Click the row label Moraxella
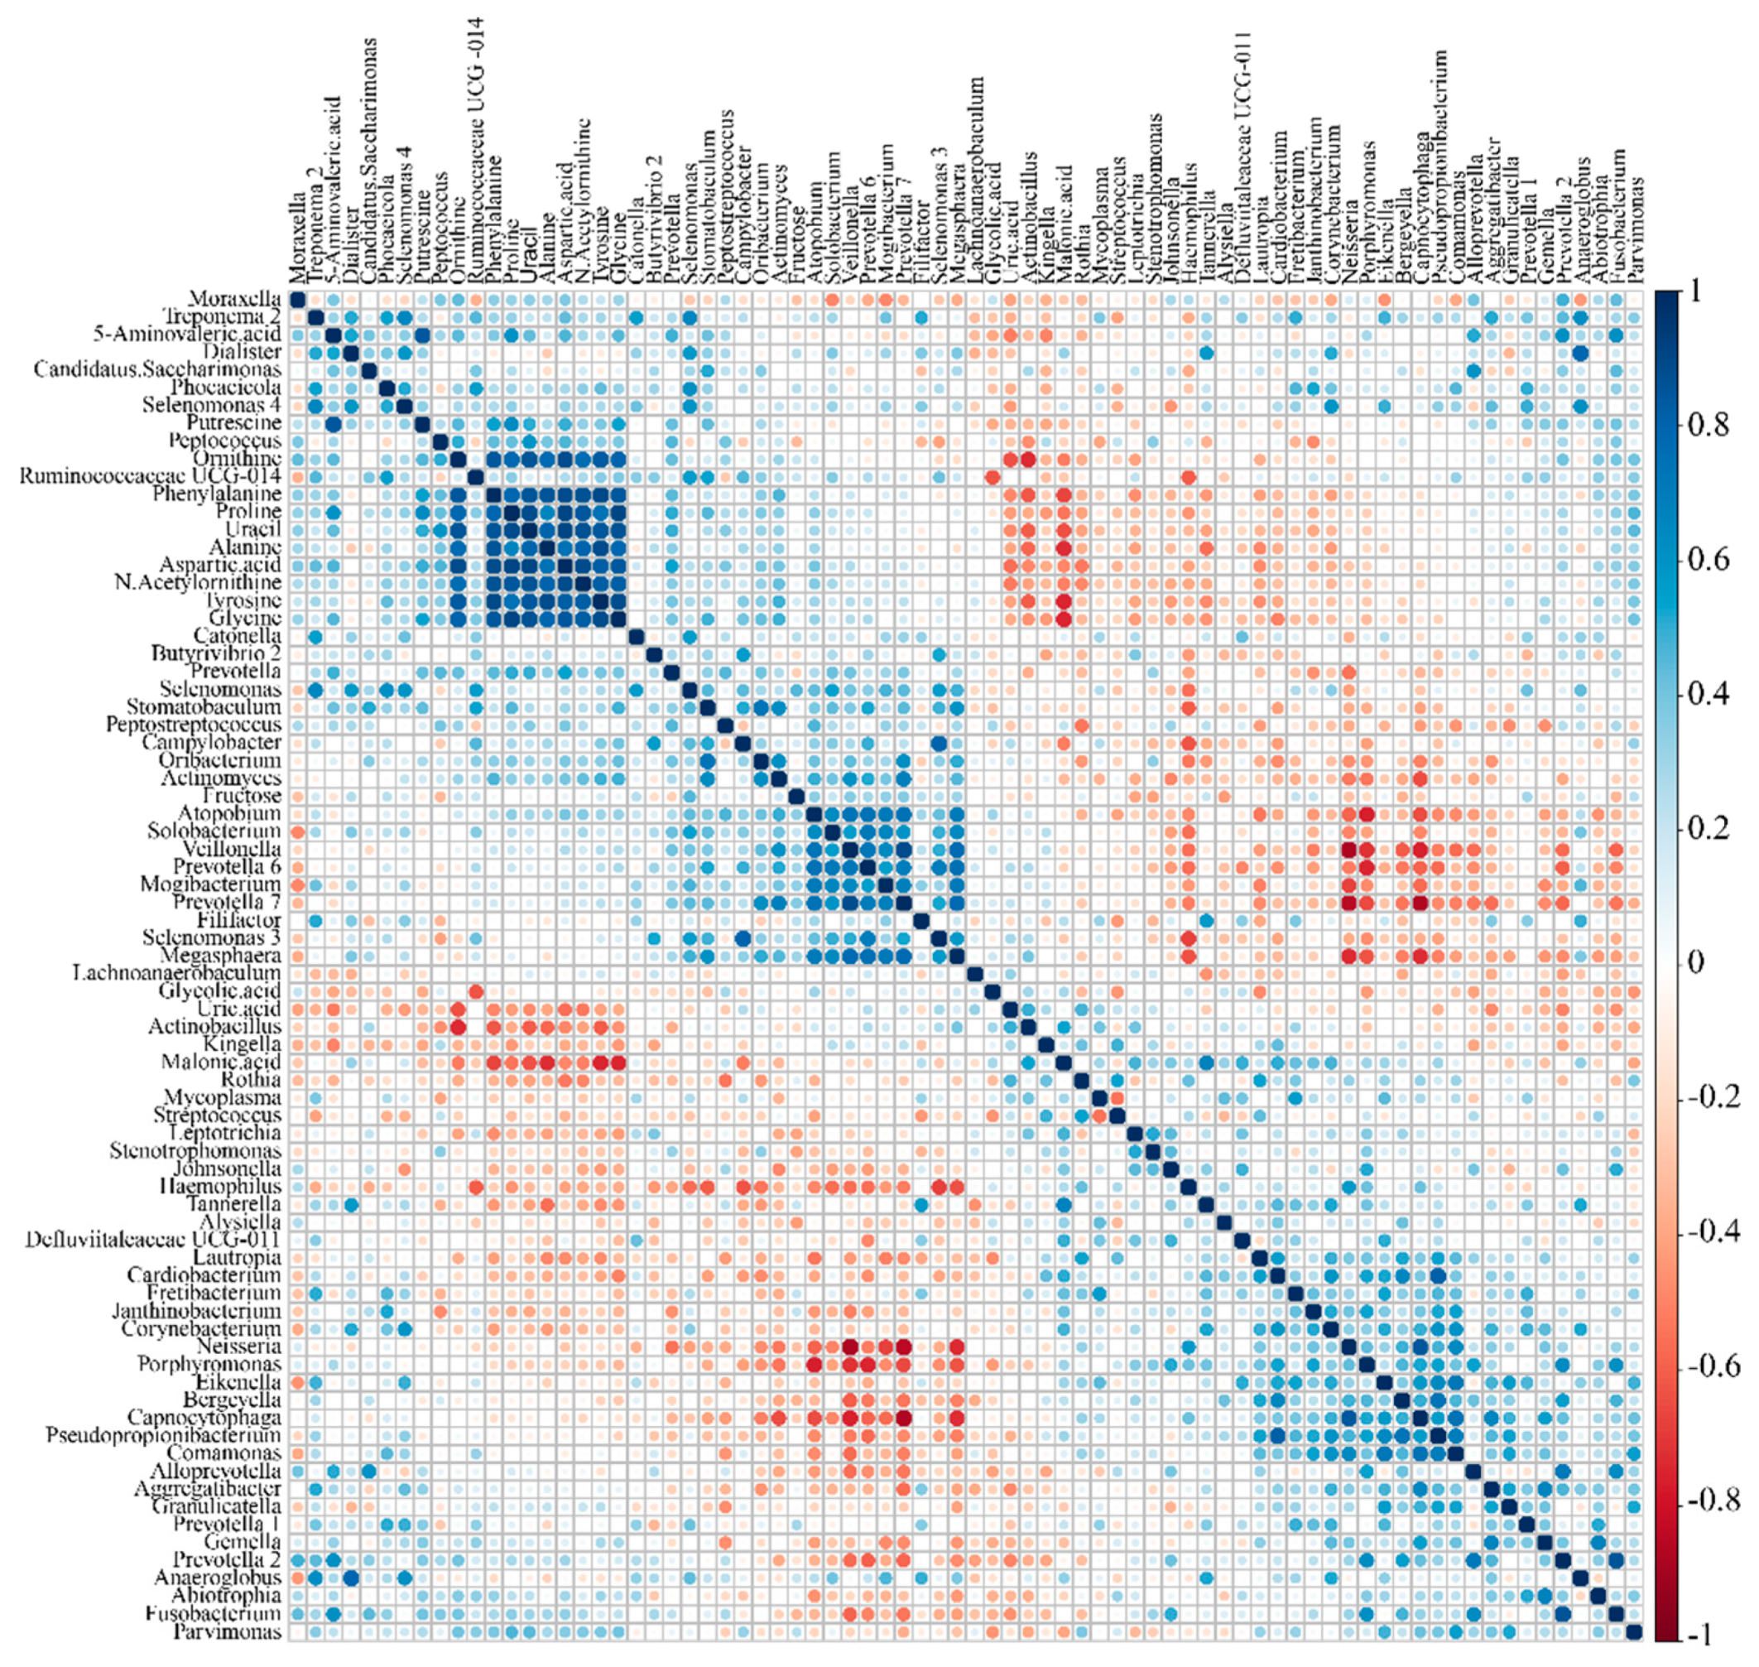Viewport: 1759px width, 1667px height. click(234, 299)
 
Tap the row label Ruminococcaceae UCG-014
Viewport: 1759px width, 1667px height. click(150, 477)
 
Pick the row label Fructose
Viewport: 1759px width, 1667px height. click(241, 795)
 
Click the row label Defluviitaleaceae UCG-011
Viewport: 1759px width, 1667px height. click(152, 1240)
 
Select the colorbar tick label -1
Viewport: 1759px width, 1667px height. click(1700, 1633)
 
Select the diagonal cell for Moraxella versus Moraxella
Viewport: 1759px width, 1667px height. click(298, 300)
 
